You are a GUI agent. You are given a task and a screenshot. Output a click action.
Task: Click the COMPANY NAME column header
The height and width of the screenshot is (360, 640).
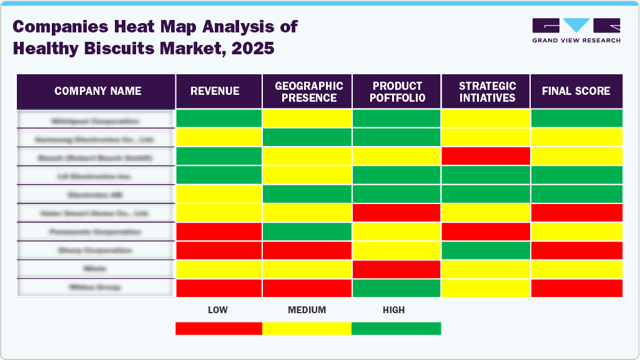click(x=97, y=91)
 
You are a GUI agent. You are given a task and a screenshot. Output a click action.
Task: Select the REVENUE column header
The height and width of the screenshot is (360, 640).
click(x=215, y=91)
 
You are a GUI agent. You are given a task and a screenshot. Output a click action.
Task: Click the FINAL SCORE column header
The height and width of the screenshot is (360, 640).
click(x=576, y=91)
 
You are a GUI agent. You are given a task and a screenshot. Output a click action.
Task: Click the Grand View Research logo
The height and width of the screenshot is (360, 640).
click(x=576, y=30)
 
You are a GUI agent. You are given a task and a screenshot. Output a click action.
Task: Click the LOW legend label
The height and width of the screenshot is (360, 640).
click(x=217, y=309)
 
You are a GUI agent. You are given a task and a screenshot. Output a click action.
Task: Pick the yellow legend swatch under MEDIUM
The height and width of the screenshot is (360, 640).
click(x=307, y=328)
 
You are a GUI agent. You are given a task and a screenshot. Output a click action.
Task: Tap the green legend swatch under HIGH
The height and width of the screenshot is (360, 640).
click(x=396, y=328)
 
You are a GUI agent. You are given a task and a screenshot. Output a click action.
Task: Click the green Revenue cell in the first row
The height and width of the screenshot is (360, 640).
click(x=219, y=119)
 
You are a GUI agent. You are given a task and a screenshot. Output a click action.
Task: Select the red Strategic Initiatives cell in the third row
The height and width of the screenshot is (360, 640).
click(x=486, y=156)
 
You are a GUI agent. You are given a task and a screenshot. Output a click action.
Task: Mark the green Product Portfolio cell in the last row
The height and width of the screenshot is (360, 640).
click(x=397, y=288)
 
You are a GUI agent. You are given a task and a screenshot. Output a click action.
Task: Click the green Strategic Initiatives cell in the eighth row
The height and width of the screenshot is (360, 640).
click(x=486, y=250)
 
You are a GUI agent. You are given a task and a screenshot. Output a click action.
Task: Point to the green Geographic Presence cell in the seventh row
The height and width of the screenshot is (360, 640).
click(x=307, y=231)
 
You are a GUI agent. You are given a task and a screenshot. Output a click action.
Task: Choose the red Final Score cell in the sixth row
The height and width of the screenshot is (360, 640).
click(x=576, y=213)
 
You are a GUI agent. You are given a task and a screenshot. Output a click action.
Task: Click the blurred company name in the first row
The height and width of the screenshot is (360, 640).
click(x=96, y=120)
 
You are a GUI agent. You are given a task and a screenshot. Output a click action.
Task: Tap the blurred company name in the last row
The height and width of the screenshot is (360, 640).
click(x=96, y=288)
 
